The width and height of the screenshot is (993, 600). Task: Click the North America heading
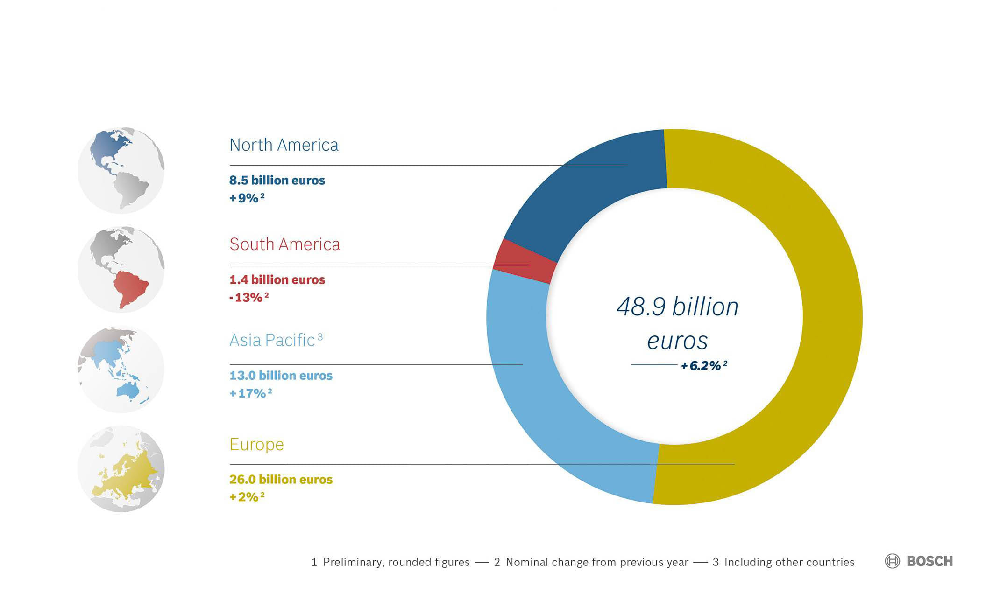(284, 145)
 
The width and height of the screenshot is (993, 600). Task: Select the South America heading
(284, 244)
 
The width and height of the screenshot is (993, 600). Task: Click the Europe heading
(256, 444)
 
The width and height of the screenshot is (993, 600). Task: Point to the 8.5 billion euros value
(277, 181)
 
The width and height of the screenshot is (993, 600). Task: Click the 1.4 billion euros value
(277, 280)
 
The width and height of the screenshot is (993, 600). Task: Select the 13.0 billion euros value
(281, 376)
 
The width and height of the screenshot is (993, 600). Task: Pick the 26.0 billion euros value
(281, 480)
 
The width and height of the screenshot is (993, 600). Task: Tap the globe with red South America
(121, 270)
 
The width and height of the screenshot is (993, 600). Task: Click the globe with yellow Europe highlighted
(121, 468)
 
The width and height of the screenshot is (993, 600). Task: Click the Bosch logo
(919, 561)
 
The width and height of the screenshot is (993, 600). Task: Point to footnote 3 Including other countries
(783, 562)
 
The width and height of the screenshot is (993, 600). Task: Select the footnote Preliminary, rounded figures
(390, 562)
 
